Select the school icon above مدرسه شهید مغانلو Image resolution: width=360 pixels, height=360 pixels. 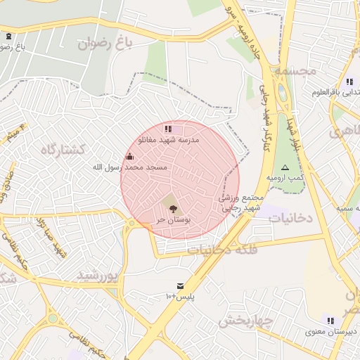click(x=167, y=129)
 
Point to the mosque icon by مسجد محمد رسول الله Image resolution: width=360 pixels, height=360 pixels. click(x=129, y=156)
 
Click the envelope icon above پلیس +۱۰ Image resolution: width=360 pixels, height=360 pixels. click(x=181, y=285)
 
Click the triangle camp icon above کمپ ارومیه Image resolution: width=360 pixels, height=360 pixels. click(x=285, y=167)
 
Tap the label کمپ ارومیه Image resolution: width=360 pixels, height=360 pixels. click(x=290, y=179)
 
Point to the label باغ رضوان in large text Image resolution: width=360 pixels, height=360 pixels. click(x=105, y=44)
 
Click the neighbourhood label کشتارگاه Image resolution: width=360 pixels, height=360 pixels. click(x=63, y=149)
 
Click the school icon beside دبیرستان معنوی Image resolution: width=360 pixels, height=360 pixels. click(x=329, y=321)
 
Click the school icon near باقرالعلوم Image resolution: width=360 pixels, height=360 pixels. click(x=349, y=82)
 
